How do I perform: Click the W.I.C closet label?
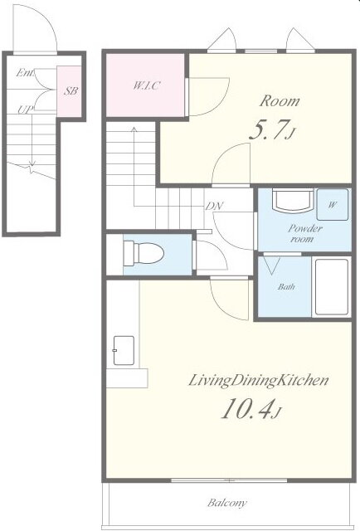click(146, 85)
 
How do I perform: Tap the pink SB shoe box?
click(69, 91)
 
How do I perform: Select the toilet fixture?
click(144, 253)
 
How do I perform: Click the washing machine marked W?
click(333, 205)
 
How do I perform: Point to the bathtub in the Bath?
click(332, 287)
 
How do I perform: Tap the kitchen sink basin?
click(124, 350)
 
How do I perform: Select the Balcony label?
click(227, 503)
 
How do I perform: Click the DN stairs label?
click(214, 207)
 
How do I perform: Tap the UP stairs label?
click(26, 110)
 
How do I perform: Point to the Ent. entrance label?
click(25, 72)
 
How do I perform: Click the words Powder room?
click(304, 233)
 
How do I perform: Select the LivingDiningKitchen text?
click(258, 380)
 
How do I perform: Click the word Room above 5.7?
click(280, 101)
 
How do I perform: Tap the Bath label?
click(286, 287)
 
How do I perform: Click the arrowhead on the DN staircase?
click(134, 129)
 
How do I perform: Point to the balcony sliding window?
click(229, 480)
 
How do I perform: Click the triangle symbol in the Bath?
click(272, 265)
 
